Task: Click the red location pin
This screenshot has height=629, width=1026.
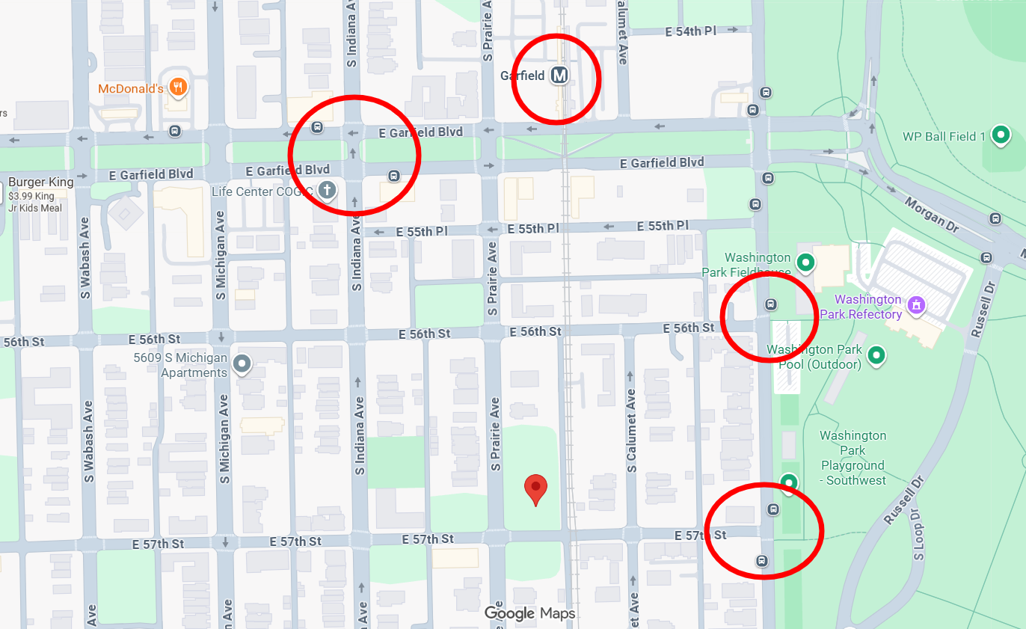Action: click(535, 488)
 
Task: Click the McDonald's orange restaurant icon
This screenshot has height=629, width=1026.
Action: click(177, 88)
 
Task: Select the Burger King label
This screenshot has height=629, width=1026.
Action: click(41, 182)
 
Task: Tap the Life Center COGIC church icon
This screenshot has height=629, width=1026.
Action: click(326, 191)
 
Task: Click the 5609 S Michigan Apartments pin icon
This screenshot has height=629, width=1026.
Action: click(242, 364)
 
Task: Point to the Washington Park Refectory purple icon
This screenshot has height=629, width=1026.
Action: click(915, 305)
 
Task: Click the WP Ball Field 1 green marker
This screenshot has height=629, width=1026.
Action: click(1001, 135)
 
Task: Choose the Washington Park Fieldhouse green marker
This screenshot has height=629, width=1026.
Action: click(805, 262)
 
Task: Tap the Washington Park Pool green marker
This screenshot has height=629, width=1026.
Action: click(876, 355)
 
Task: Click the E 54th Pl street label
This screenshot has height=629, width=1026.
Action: click(691, 31)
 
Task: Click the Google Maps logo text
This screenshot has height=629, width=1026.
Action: click(530, 613)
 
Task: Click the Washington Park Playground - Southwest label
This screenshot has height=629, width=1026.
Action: click(853, 458)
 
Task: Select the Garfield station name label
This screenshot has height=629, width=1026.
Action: click(523, 76)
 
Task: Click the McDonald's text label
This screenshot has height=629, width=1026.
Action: click(131, 89)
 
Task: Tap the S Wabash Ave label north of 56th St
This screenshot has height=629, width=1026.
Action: click(85, 258)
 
